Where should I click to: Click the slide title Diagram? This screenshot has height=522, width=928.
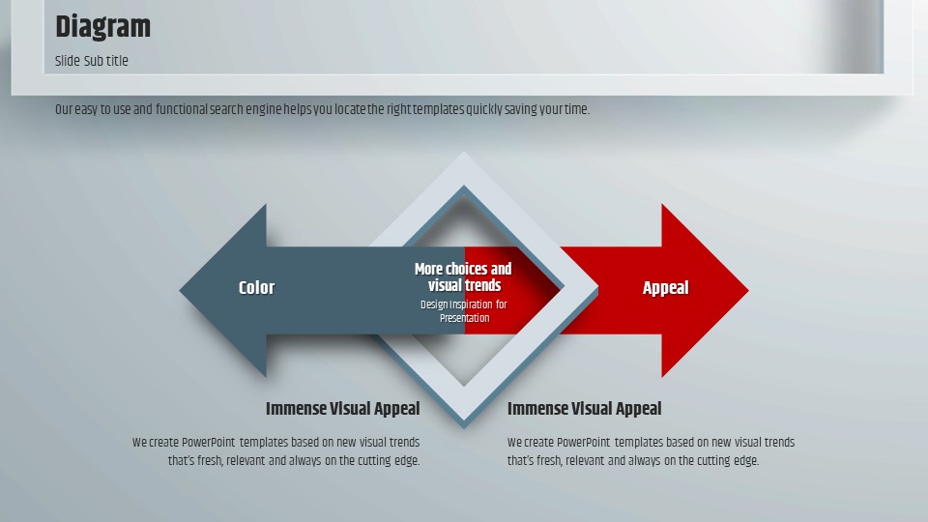103,27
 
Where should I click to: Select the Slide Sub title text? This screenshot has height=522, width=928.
92,61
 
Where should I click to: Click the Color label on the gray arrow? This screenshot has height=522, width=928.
256,288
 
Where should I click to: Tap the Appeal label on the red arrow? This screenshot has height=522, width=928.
666,288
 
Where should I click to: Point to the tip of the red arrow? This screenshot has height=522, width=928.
748,290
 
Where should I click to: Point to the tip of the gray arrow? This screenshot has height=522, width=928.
180,290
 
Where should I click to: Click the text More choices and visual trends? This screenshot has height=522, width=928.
463,277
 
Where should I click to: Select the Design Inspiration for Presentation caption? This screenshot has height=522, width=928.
464,311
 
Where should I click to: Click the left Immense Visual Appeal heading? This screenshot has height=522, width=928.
342,408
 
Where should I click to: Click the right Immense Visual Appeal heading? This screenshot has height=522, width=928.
584,408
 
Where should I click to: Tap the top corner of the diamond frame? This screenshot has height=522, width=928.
464,153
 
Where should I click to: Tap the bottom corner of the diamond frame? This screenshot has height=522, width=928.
464,426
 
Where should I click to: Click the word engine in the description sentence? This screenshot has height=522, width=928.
263,110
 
